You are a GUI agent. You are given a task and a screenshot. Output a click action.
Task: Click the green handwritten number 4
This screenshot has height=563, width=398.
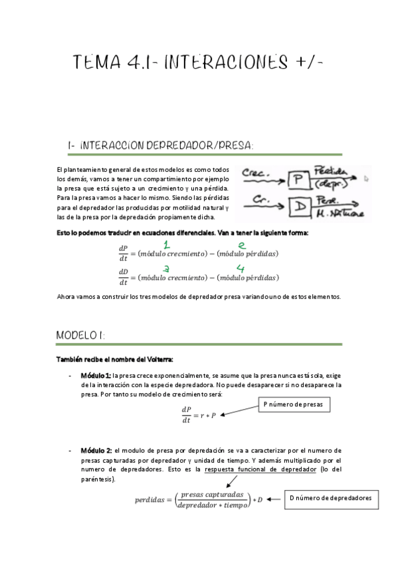click(x=240, y=268)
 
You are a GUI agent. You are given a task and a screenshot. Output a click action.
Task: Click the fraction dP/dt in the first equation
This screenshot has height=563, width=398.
click(x=123, y=253)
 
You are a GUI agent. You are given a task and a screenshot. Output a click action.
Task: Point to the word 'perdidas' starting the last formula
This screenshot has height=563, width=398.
click(x=149, y=500)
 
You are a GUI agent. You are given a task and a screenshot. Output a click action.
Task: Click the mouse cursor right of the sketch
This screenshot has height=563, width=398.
click(x=367, y=178)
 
